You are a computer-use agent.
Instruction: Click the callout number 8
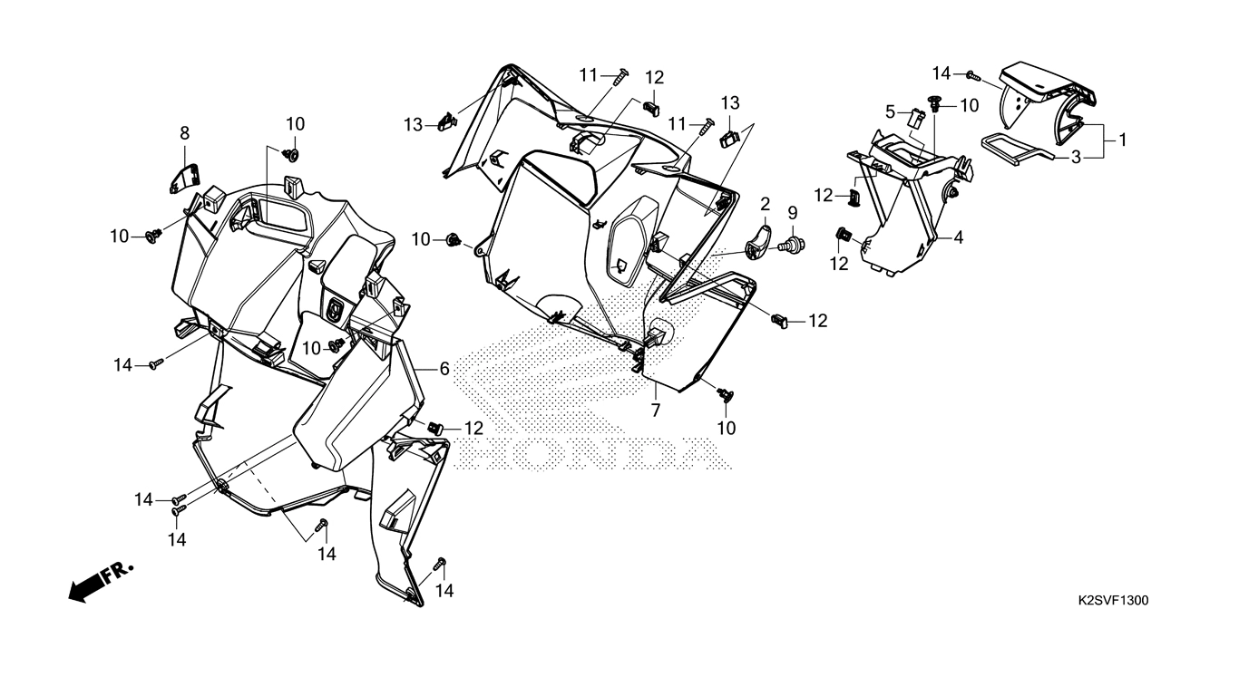tap(185, 133)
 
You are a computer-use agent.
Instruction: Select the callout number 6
tap(444, 369)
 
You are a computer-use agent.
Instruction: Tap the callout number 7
tap(656, 411)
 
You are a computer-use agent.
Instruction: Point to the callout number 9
tap(793, 213)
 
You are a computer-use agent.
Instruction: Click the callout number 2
tap(765, 205)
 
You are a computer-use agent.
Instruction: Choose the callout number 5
tap(890, 112)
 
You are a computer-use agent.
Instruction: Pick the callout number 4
tap(959, 237)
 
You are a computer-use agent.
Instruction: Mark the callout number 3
tap(1076, 158)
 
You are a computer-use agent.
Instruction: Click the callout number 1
tap(1123, 140)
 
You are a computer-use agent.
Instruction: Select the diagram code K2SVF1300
tap(1113, 600)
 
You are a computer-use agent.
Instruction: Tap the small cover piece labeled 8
tap(184, 177)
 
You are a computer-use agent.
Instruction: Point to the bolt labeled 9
tap(792, 245)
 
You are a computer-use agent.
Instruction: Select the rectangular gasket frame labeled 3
tap(1017, 150)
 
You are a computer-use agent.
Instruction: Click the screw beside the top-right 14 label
tap(973, 76)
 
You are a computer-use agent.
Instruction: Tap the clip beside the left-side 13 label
tap(449, 121)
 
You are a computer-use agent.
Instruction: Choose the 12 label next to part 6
tap(473, 429)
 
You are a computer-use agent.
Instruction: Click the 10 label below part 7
tap(727, 429)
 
